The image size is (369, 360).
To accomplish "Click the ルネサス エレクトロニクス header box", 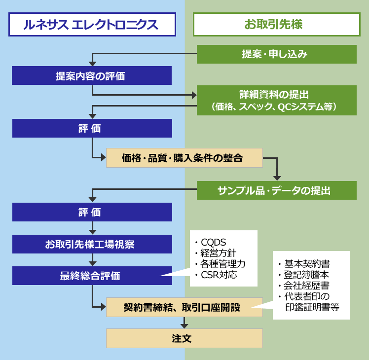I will [x=92, y=24].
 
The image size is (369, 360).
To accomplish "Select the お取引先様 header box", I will [x=276, y=24].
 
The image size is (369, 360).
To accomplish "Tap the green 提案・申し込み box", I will [x=276, y=54].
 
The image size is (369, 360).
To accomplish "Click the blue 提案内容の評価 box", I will [x=92, y=76].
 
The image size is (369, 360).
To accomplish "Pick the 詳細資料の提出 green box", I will [x=276, y=100].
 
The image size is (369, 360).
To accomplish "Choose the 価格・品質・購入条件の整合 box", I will [x=184, y=158].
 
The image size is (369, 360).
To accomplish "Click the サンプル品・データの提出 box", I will [x=276, y=190].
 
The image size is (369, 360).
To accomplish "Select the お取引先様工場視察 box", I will [x=92, y=244].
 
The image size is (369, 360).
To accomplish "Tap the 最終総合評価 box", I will [x=92, y=276].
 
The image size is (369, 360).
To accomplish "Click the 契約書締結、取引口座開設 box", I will [x=184, y=307].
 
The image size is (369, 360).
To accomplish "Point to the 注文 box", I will [x=184, y=338].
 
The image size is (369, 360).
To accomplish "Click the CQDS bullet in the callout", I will [x=213, y=242].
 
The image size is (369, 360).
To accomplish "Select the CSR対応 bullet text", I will [x=219, y=275].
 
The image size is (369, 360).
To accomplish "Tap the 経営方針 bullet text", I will [x=219, y=253].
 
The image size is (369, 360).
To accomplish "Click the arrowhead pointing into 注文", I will [x=184, y=325].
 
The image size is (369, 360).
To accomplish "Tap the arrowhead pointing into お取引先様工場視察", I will [x=92, y=232].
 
